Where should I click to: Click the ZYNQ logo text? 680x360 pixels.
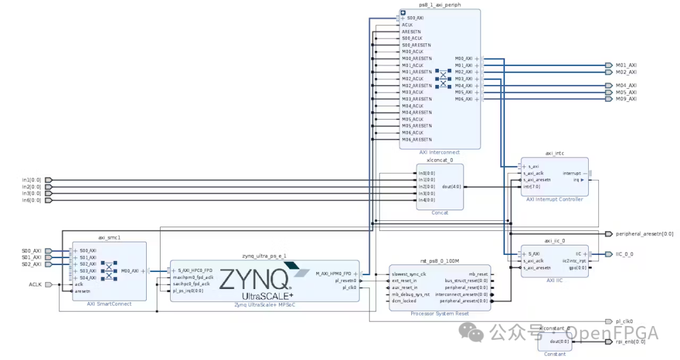(254, 278)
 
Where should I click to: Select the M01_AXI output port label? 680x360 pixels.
(626, 65)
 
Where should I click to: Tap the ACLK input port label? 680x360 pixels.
(35, 284)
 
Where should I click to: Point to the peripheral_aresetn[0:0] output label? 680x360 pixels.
(644, 234)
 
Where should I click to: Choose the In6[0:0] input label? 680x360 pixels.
(31, 201)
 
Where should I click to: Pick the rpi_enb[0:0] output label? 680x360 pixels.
(630, 342)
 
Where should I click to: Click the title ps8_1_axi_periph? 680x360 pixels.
(439, 5)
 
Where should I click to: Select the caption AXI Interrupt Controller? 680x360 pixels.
(554, 200)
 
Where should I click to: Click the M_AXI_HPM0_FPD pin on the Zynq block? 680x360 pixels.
(334, 273)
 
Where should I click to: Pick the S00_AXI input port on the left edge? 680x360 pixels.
(32, 251)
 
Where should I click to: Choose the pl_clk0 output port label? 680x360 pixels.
(624, 321)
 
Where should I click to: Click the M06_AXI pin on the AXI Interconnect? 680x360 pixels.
(464, 99)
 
